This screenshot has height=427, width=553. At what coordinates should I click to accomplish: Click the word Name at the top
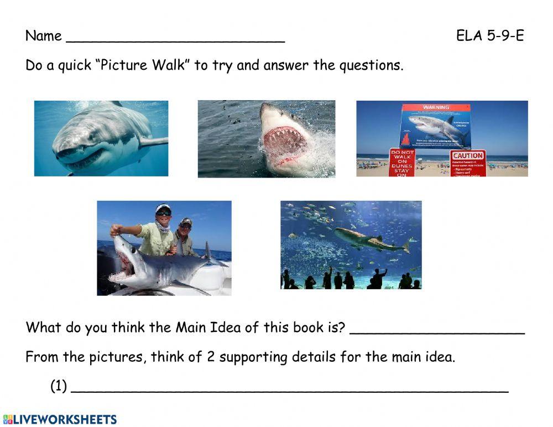pyautogui.click(x=43, y=37)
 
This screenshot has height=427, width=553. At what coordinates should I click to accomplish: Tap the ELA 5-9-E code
pyautogui.click(x=490, y=37)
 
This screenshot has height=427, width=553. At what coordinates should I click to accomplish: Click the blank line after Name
pyautogui.click(x=175, y=40)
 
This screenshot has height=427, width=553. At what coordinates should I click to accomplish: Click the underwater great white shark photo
pyautogui.click(x=101, y=138)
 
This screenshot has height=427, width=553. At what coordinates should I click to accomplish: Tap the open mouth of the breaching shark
pyautogui.click(x=283, y=147)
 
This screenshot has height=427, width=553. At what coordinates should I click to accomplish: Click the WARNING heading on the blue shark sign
pyautogui.click(x=436, y=107)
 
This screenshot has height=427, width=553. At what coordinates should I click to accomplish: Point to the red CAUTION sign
pyautogui.click(x=468, y=156)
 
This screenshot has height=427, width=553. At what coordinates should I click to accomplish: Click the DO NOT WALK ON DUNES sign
pyautogui.click(x=402, y=162)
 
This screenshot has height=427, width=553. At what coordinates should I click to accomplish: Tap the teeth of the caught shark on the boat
pyautogui.click(x=123, y=271)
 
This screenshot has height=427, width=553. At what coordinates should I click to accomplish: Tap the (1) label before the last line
pyautogui.click(x=59, y=386)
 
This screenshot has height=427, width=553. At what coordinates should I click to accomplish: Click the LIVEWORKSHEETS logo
pyautogui.click(x=60, y=419)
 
